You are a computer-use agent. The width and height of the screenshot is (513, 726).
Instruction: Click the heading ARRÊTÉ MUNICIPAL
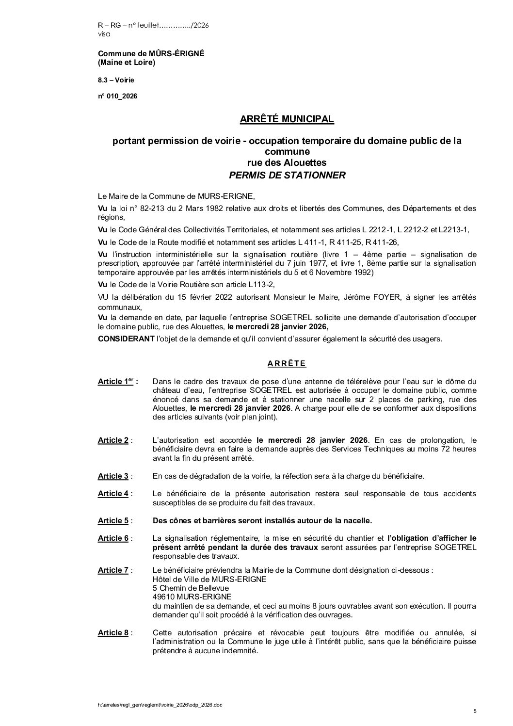tap(287, 119)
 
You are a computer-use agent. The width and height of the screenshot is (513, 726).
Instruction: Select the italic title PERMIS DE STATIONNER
tap(287, 175)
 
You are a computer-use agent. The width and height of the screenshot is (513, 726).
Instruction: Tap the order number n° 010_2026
tap(117, 96)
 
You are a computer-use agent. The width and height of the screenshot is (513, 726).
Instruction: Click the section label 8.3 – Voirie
tap(116, 80)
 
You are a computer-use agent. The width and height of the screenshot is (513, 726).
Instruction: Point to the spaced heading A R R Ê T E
tap(287, 363)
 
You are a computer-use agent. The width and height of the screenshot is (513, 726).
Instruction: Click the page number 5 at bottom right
tap(475, 711)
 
